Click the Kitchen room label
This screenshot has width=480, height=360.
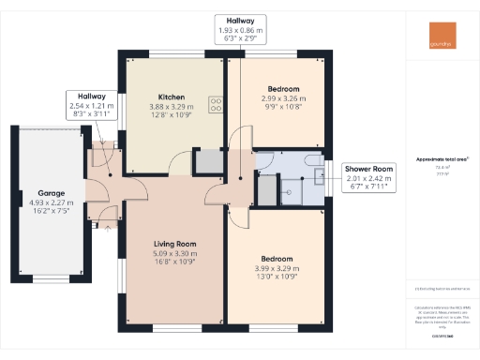171,97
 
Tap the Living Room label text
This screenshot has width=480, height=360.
173,243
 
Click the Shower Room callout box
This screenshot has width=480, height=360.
367,175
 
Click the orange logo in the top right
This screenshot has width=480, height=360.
437,42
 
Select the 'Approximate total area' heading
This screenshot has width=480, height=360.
442,159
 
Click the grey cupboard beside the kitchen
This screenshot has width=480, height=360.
207,161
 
